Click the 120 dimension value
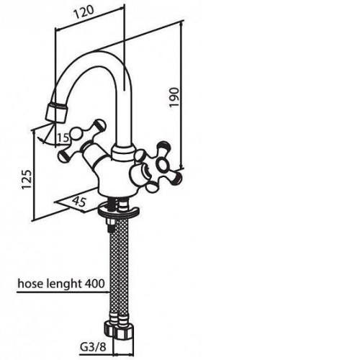84,12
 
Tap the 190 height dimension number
174,97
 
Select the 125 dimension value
27,179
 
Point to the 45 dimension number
79,201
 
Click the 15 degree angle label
63,138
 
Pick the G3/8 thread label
93,346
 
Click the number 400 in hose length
95,284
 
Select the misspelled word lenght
63,284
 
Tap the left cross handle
81,140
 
